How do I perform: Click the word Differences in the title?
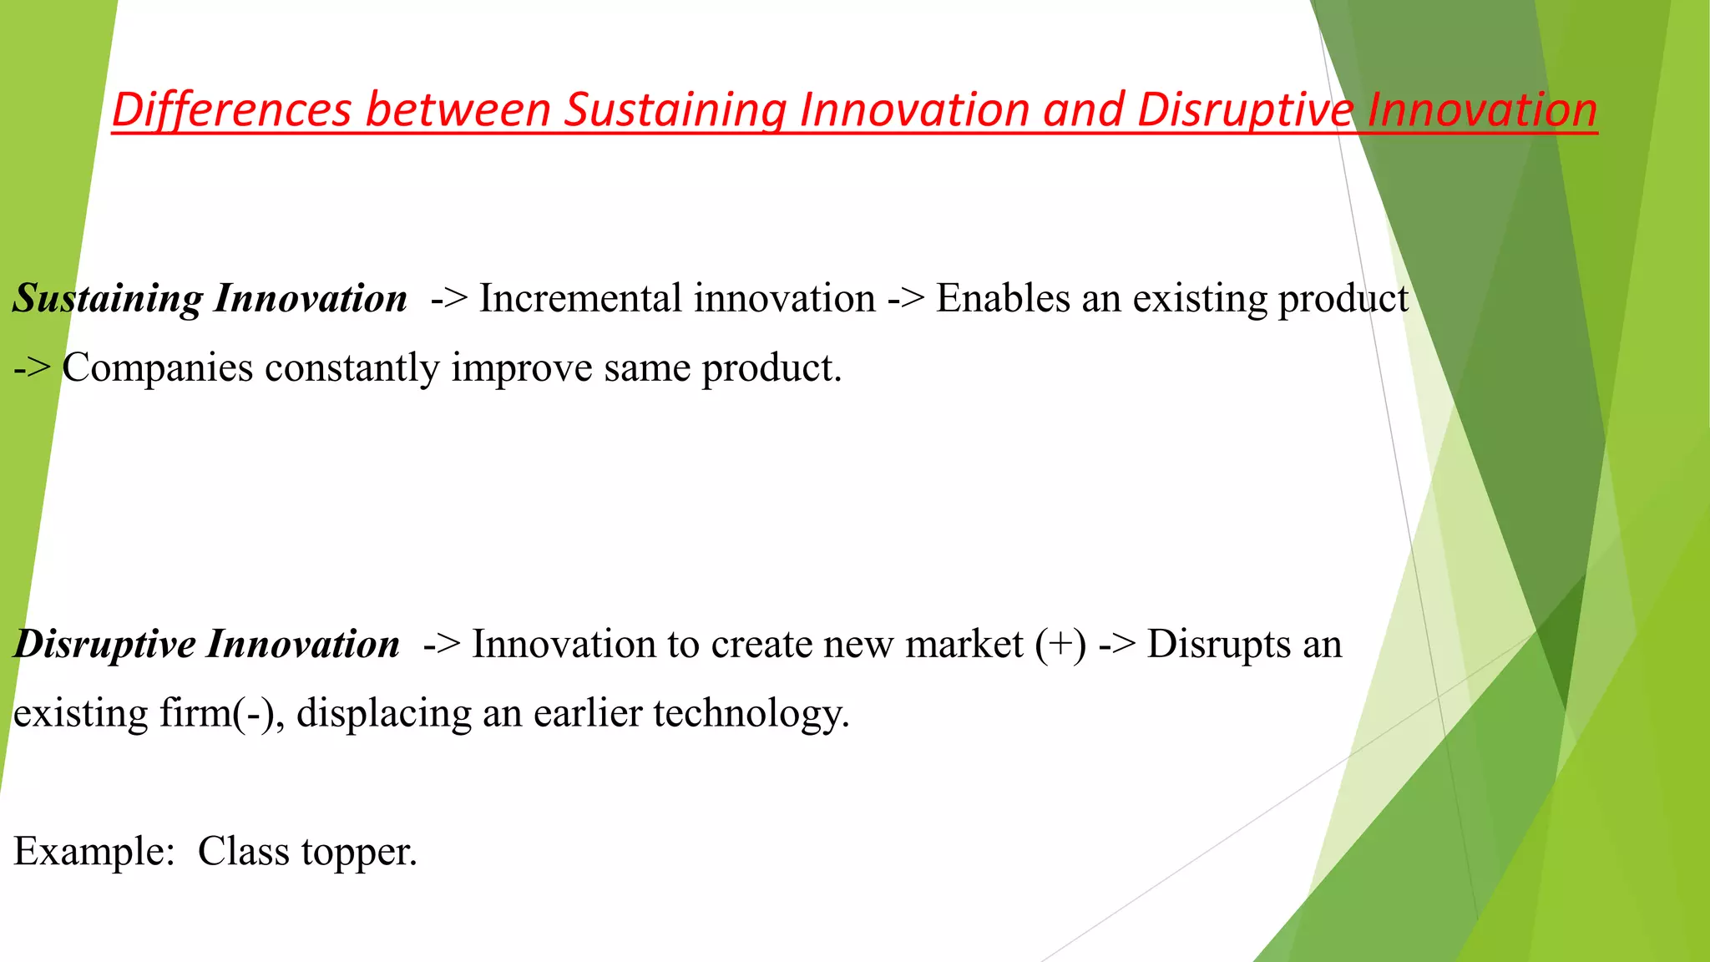[231, 110]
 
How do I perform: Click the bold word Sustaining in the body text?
[108, 299]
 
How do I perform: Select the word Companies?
[157, 368]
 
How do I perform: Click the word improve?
[522, 368]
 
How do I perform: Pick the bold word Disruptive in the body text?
[105, 645]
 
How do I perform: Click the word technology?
[751, 714]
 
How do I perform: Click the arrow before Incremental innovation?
[449, 299]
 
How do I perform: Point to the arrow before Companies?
[32, 368]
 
